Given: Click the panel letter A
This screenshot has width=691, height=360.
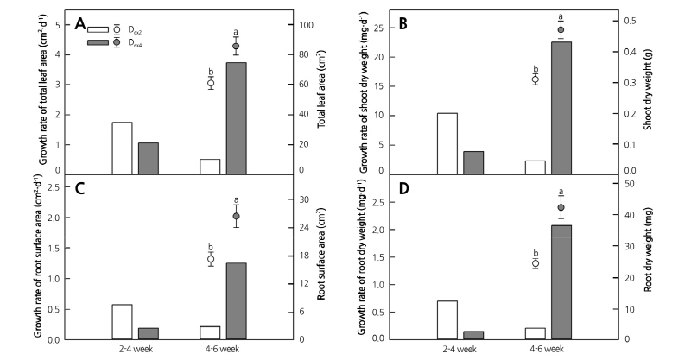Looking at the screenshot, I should (80, 23).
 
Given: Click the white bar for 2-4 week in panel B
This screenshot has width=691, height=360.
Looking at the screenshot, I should (447, 143).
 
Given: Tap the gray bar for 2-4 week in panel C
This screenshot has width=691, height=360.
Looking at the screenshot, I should (148, 333).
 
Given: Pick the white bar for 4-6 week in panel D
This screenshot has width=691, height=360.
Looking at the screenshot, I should (535, 333).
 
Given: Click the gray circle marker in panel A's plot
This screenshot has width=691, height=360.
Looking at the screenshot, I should (236, 47).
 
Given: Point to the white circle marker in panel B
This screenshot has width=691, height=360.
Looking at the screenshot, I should (535, 79).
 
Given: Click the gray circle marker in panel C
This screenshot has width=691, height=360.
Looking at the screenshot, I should (236, 217).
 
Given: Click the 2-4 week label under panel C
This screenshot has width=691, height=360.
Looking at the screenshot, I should (137, 350).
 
